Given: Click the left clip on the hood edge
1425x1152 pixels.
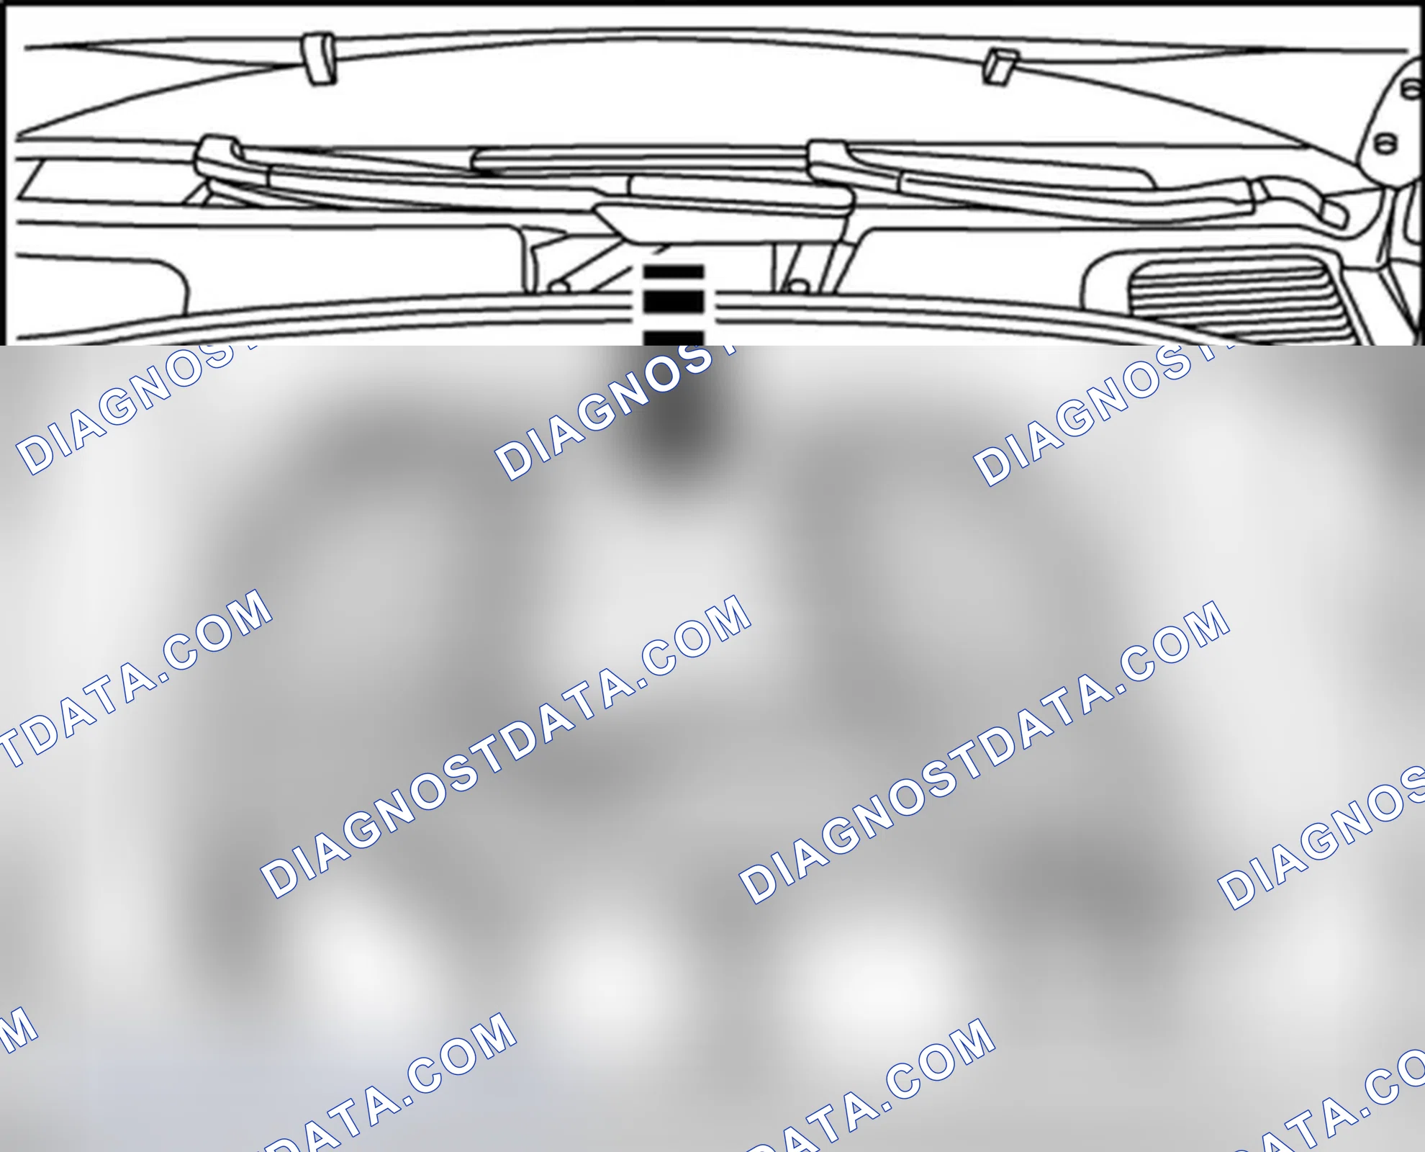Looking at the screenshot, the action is pos(319,58).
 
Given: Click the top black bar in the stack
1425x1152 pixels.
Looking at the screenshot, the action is pos(673,272).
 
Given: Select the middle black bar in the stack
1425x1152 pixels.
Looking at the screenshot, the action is pos(673,302).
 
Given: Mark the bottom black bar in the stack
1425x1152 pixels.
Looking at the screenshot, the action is pos(673,338).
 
